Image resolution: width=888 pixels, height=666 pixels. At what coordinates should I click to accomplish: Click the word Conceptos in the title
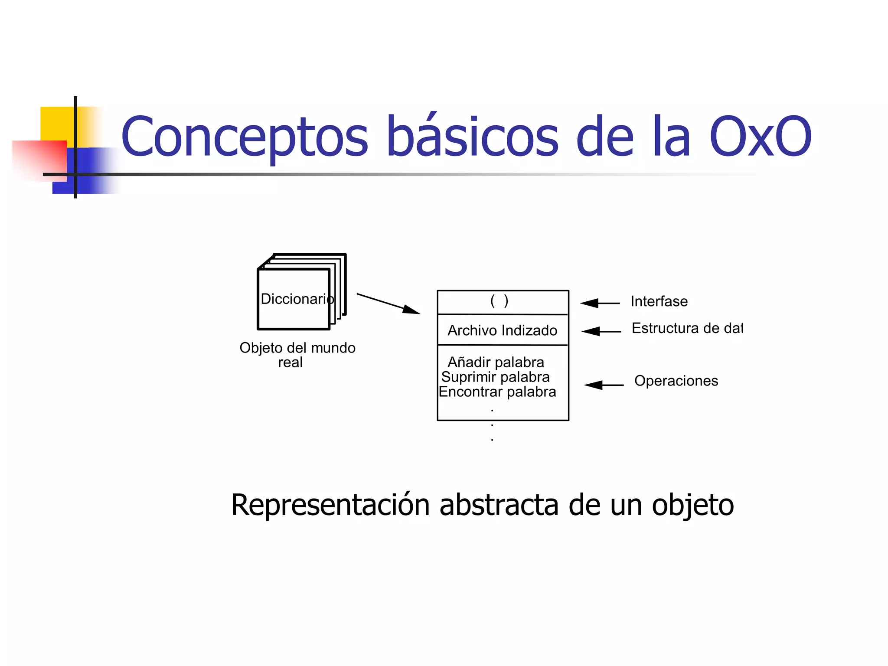(245, 137)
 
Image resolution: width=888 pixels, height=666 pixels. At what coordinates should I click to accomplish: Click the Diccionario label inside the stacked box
(297, 299)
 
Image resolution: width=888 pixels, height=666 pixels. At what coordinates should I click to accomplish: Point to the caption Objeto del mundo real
(297, 355)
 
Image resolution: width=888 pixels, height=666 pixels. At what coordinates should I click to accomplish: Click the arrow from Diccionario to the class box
(388, 304)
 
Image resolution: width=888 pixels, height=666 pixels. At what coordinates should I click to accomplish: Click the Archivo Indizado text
(502, 330)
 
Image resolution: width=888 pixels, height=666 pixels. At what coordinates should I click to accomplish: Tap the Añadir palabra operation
(496, 362)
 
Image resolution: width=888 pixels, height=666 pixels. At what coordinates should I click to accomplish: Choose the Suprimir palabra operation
(495, 377)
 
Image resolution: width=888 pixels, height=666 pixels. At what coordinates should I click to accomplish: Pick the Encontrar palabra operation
(497, 392)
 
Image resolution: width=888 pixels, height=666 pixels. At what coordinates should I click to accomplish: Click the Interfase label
(659, 301)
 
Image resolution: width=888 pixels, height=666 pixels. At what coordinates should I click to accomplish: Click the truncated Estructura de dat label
(687, 328)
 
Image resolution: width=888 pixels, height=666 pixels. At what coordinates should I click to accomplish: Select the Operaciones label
(676, 381)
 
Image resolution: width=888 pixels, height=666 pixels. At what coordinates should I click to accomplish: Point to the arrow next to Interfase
(600, 303)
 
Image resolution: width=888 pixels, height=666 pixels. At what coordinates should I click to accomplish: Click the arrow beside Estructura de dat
(601, 331)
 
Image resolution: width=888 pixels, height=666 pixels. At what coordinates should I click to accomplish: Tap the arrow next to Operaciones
(604, 385)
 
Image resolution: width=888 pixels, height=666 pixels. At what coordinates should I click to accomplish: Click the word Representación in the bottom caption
(330, 505)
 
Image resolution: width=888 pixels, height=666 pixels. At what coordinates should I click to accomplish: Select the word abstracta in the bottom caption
(499, 505)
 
